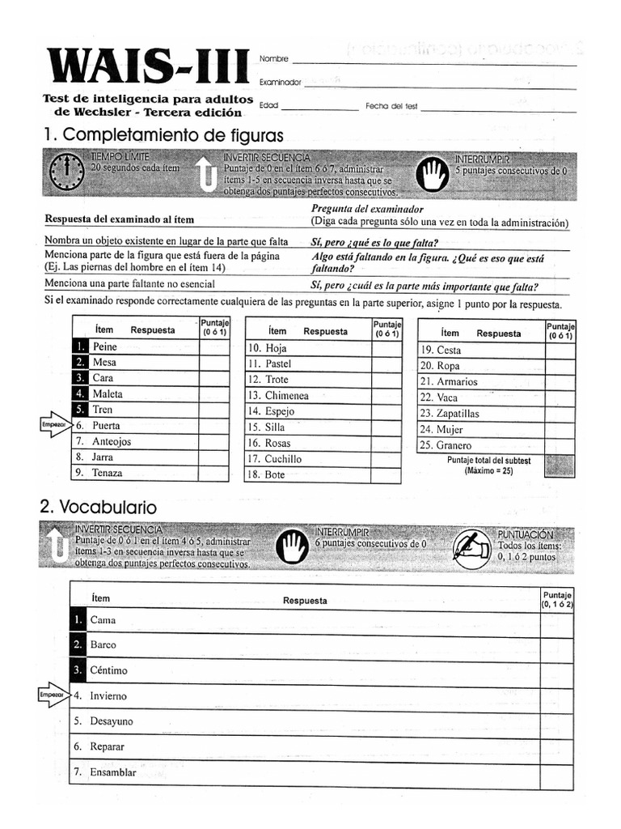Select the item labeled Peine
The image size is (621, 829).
[x=105, y=346]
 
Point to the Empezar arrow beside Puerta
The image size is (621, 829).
[x=55, y=425]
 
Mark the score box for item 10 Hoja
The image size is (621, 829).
[x=387, y=349]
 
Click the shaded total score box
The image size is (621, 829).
[x=560, y=466]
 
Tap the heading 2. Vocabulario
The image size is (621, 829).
[x=99, y=507]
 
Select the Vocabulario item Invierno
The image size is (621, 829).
[x=108, y=695]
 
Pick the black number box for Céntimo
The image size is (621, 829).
[x=78, y=670]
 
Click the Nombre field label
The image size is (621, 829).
[x=273, y=59]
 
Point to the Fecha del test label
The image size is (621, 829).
[x=391, y=106]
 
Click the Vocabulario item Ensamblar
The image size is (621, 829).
[x=113, y=772]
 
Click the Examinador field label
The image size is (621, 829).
[x=280, y=82]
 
